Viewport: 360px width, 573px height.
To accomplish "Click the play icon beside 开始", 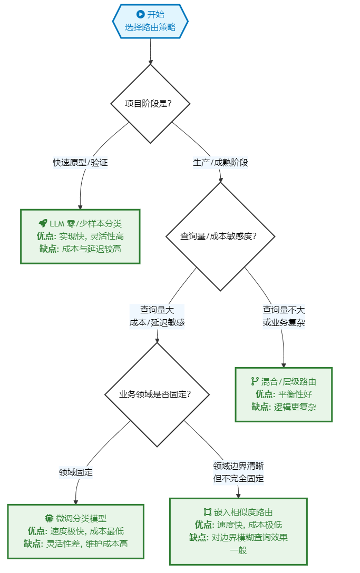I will pos(140,15).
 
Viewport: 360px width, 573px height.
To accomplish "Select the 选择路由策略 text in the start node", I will pos(150,27).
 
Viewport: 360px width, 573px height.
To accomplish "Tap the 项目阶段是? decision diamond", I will pos(151,104).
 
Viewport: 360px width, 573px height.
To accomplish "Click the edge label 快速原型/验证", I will pos(80,162).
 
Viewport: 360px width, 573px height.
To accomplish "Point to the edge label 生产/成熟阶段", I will pos(220,162).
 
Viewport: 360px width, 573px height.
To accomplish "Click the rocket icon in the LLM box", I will pos(43,223).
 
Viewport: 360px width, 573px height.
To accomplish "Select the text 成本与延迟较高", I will pos(91,249).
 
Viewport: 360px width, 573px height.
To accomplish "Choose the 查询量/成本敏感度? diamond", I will pos(220,236).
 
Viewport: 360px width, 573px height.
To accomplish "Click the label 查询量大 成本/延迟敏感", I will pos(157,316).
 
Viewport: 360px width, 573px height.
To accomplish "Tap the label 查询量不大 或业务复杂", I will pos(284,316).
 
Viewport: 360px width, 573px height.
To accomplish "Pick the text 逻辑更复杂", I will pos(295,407).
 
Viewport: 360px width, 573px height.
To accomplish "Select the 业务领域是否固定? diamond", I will pos(157,394).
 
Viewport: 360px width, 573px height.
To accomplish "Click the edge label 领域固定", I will pos(76,472).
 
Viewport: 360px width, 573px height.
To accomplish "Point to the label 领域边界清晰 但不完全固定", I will pos(238,472).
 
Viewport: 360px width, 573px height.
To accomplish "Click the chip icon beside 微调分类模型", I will pos(49,518).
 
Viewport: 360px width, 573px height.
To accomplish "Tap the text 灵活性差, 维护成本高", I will pos(87,544).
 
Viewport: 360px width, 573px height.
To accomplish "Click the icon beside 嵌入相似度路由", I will pos(207,512).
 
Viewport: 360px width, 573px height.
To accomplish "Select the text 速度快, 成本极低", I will pos(249,525).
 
